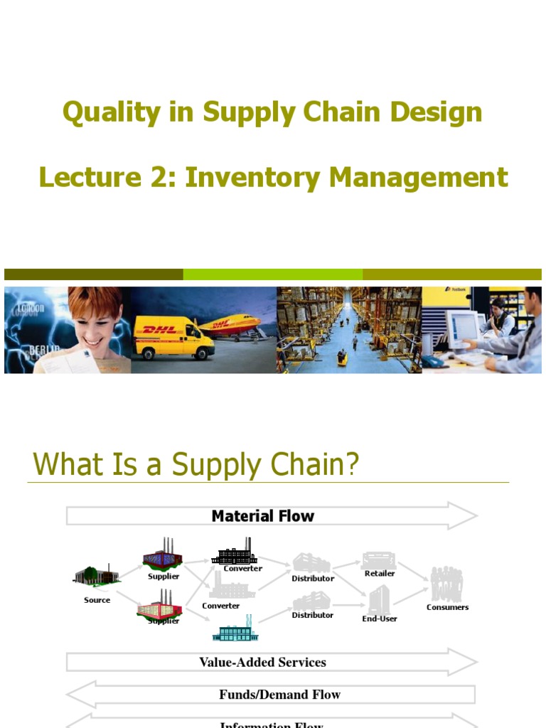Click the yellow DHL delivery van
tap(173, 338)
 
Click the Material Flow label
tap(262, 516)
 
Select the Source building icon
tap(96, 575)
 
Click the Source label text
tap(97, 600)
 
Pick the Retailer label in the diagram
tap(380, 573)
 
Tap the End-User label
tap(380, 619)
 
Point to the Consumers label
tap(447, 607)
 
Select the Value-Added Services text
tap(262, 662)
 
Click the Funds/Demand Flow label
tap(279, 695)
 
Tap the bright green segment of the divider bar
tap(272, 274)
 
